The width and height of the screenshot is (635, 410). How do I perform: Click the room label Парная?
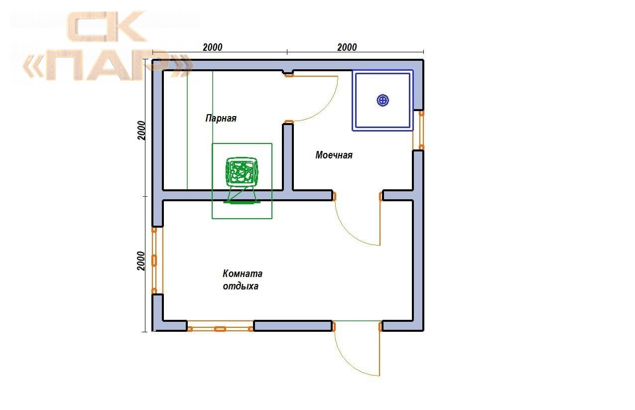[221, 118]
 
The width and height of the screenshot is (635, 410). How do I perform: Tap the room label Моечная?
[334, 155]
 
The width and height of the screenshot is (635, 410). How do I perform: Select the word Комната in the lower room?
[243, 273]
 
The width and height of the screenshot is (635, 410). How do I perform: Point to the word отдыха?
[241, 286]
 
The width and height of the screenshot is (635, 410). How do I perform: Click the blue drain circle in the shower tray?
[382, 100]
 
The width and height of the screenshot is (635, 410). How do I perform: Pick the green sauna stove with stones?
[242, 172]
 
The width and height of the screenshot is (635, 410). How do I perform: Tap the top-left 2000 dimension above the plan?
[213, 47]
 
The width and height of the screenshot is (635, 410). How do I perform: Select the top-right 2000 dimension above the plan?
[347, 47]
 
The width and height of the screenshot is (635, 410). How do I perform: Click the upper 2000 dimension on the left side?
[141, 131]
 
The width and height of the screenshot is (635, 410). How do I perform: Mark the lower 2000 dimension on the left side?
[141, 261]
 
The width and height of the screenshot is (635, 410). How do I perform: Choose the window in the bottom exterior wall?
[220, 326]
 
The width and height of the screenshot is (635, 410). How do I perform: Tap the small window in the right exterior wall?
[418, 130]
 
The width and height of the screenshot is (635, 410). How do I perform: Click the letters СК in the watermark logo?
[107, 26]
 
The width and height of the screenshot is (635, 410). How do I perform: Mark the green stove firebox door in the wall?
[242, 202]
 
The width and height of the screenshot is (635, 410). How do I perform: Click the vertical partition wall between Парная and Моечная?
[288, 157]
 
